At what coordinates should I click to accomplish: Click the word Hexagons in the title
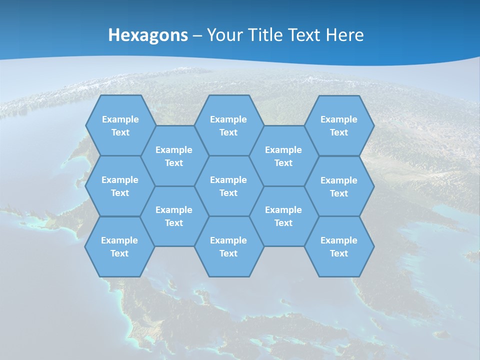pos(148,35)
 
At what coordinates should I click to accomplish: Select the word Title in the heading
pos(266,35)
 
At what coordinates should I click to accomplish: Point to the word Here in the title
pos(344,35)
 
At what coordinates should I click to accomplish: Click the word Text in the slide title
pos(305,35)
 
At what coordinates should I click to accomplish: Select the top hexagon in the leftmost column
pos(120,125)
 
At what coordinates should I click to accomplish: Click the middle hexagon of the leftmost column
pos(120,186)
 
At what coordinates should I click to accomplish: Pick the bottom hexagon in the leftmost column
pos(119,246)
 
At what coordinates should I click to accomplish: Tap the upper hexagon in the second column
pos(174,156)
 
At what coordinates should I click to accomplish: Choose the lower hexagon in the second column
pos(174,216)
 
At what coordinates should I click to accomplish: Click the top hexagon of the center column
pos(228,125)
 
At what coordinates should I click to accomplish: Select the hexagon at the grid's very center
pos(228,186)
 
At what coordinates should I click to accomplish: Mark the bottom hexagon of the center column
pos(228,246)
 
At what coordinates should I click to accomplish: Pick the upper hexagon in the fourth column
pos(283,156)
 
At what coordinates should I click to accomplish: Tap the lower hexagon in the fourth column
pos(283,216)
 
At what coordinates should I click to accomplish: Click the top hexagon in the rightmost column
pos(339,125)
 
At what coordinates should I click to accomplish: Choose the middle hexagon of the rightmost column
pos(339,186)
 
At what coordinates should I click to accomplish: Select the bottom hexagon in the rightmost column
pos(339,246)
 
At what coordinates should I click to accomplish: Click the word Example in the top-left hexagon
pos(120,119)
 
